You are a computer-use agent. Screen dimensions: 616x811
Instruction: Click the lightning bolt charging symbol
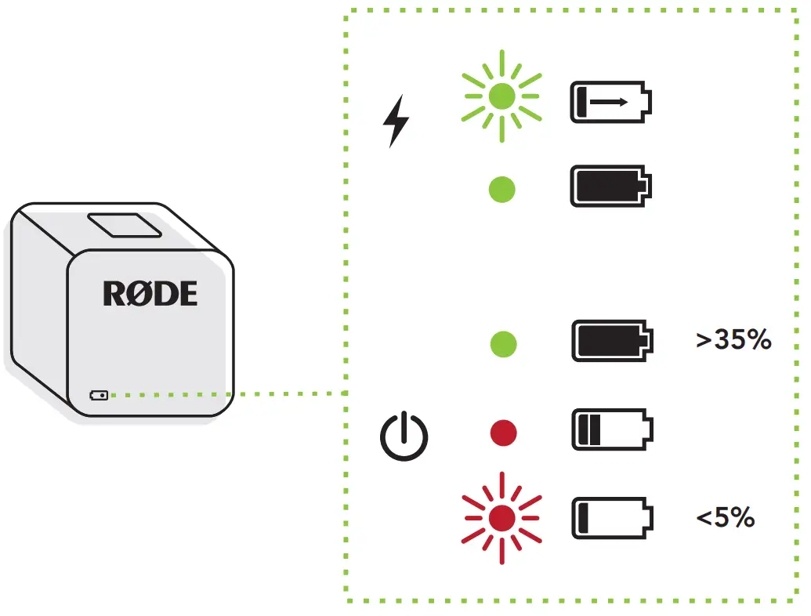click(x=396, y=121)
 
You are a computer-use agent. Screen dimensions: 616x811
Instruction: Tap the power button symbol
click(x=404, y=435)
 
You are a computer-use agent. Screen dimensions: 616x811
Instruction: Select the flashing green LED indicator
click(x=501, y=96)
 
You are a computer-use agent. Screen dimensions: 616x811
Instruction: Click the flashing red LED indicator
click(x=502, y=518)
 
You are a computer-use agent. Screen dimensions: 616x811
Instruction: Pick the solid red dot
click(x=502, y=433)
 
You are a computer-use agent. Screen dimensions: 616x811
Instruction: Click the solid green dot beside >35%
click(x=502, y=343)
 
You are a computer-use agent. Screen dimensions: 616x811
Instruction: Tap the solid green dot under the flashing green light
click(x=501, y=189)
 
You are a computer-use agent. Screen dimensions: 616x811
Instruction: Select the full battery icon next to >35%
click(x=610, y=341)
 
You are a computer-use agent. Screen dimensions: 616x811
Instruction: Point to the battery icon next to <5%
click(x=610, y=517)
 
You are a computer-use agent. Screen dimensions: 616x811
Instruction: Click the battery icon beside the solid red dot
click(x=610, y=429)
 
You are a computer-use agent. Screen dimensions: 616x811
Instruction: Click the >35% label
click(x=733, y=340)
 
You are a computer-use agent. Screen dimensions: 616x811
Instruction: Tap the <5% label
click(x=725, y=517)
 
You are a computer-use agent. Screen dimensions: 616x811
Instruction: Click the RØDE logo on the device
click(x=150, y=294)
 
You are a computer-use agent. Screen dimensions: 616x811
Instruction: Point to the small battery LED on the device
click(x=100, y=395)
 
